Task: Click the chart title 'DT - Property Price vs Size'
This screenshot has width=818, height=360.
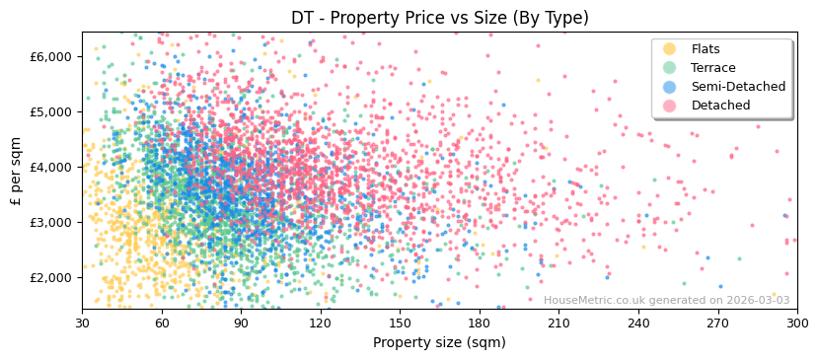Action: (439, 18)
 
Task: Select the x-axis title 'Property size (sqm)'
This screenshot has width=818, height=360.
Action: (439, 342)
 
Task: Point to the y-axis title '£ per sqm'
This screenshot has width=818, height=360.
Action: (16, 170)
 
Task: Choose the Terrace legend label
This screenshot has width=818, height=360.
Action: (713, 68)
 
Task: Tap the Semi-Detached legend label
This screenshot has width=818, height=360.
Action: (738, 87)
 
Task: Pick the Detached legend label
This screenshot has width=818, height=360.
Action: (720, 106)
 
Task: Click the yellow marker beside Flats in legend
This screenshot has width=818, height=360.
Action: (670, 49)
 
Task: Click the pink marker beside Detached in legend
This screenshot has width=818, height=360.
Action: (670, 106)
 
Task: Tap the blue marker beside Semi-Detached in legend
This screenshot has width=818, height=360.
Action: (670, 87)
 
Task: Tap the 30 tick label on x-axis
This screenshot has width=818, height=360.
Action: (82, 323)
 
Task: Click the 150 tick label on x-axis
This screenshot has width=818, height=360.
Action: (400, 323)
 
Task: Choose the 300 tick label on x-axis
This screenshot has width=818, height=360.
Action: (796, 323)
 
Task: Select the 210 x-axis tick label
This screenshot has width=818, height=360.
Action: (558, 323)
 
